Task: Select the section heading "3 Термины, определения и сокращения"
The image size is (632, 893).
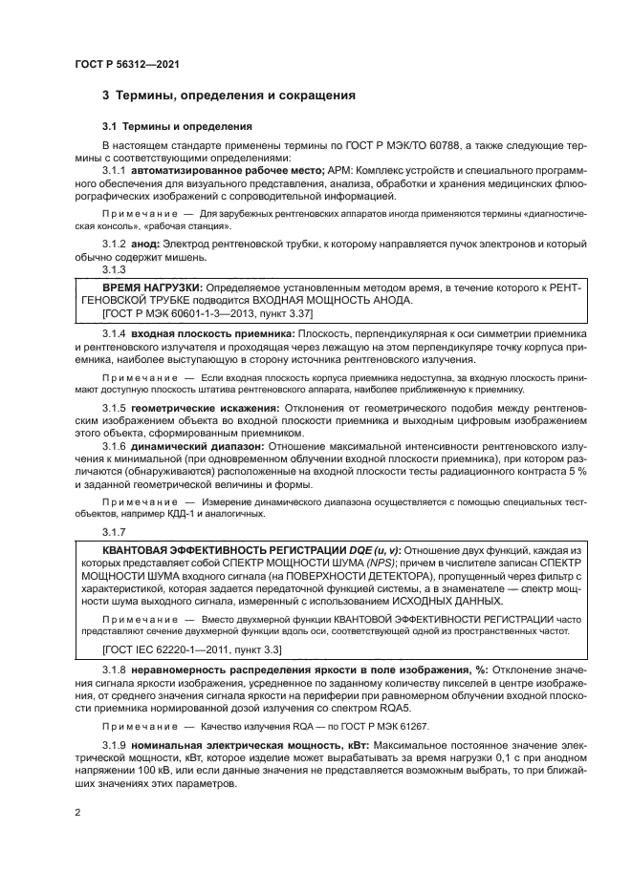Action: (229, 96)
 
